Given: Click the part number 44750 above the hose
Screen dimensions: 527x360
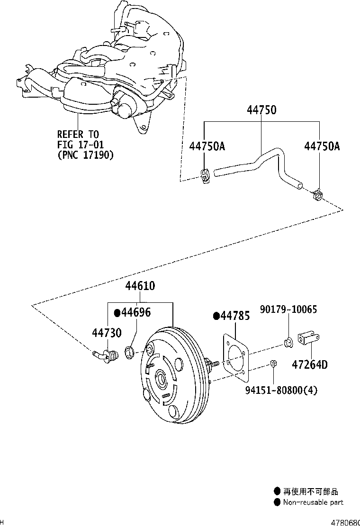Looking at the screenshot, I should (261, 110).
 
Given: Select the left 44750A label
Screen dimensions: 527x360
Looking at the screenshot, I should (207, 146).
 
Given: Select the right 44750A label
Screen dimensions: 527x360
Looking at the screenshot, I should (322, 146).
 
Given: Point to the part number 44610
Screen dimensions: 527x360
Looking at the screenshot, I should (140, 286).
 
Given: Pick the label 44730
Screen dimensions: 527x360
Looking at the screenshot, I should (107, 333).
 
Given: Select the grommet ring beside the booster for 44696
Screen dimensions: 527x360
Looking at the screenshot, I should (129, 353).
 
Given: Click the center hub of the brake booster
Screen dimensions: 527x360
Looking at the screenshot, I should (162, 379).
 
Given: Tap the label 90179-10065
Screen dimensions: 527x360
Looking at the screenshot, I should (288, 309).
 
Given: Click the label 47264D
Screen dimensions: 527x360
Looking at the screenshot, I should (309, 365).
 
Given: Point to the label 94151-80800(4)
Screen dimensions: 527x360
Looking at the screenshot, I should (281, 391).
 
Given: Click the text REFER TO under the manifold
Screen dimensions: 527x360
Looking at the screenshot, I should (78, 135).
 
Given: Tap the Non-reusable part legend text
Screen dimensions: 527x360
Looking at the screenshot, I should (313, 502).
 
